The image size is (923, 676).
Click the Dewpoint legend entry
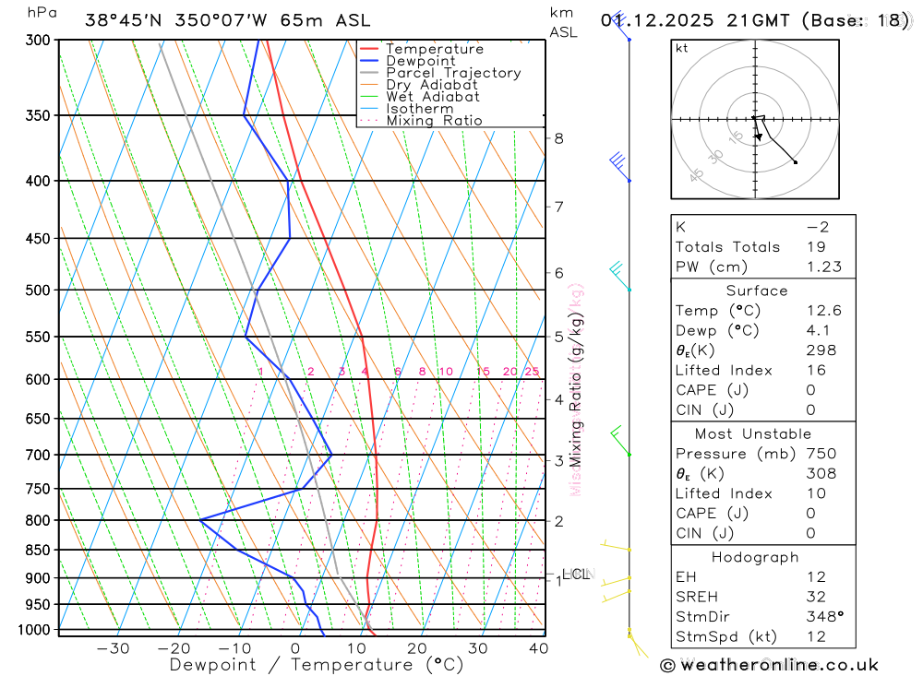click(x=420, y=61)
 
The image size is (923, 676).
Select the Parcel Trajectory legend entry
click(x=453, y=73)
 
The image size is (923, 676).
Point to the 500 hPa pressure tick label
click(x=37, y=290)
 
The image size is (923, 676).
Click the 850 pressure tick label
click(x=37, y=550)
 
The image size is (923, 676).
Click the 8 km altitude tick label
click(x=558, y=138)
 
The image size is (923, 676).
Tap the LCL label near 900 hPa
click(x=575, y=575)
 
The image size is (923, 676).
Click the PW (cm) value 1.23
click(x=823, y=267)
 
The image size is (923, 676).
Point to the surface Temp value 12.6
click(x=823, y=311)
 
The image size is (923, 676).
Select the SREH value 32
click(x=818, y=597)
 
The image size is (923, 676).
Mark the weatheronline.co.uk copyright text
click(x=769, y=665)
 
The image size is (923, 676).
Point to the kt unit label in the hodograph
click(x=682, y=48)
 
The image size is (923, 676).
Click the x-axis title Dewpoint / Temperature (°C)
click(x=317, y=664)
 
